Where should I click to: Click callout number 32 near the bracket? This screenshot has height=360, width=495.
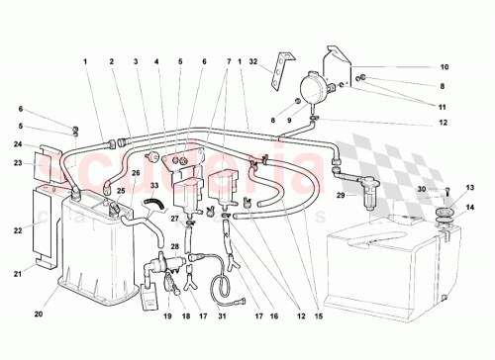(253, 61)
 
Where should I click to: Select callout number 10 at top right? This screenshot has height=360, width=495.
(444, 67)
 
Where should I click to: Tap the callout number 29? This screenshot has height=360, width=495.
(340, 197)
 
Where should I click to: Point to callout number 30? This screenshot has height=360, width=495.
(420, 189)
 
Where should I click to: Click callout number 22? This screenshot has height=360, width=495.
(18, 229)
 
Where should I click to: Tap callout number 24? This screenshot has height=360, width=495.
(18, 144)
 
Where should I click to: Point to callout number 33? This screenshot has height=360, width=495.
(154, 185)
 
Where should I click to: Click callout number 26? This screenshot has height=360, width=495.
(136, 172)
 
